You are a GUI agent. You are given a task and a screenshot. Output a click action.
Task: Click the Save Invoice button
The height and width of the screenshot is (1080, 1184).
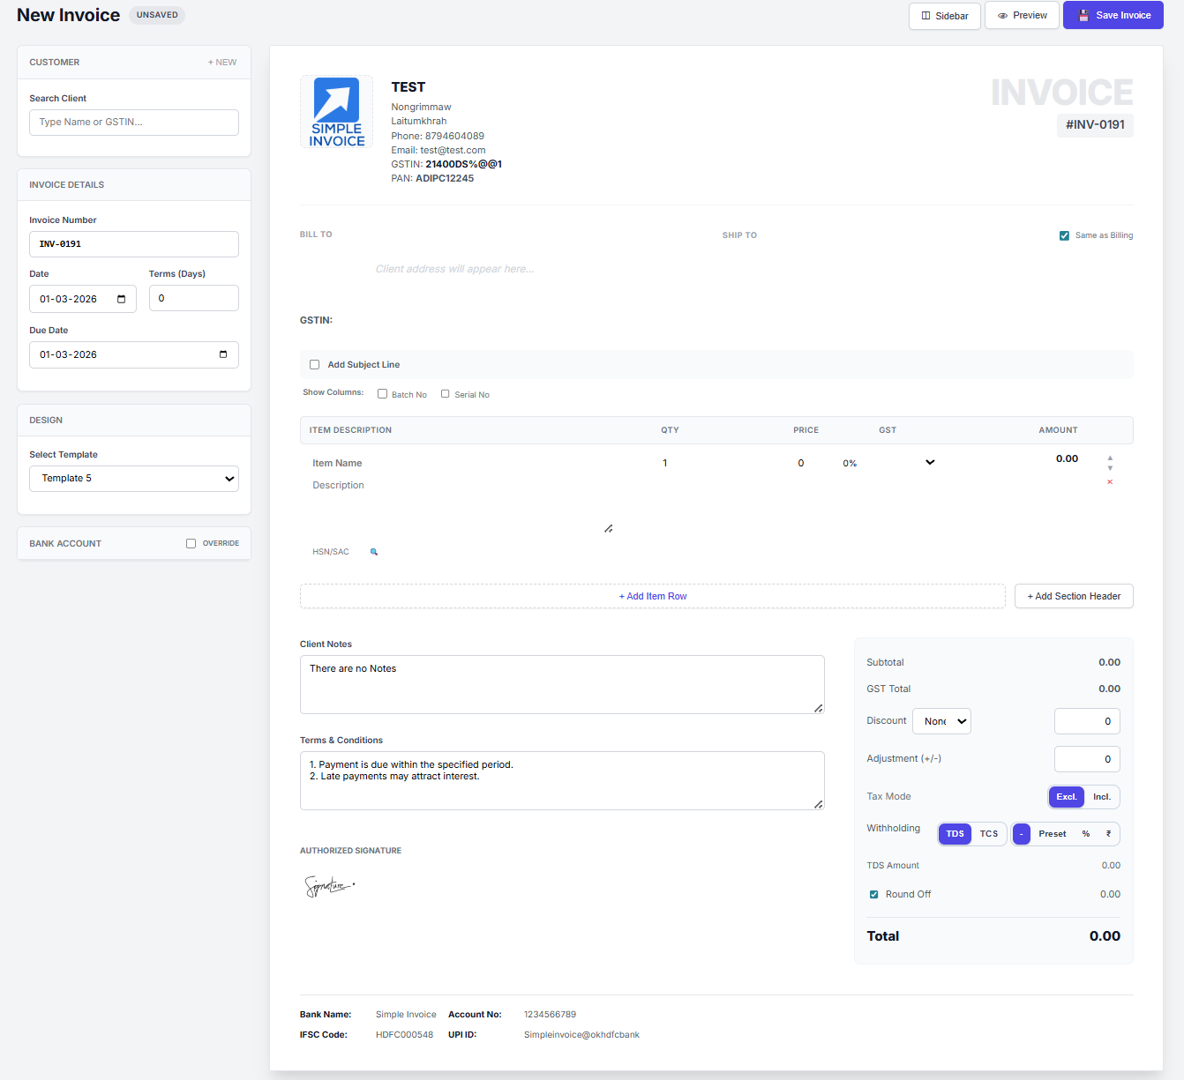point(1113,16)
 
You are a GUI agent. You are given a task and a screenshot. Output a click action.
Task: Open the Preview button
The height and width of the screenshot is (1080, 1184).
point(1022,16)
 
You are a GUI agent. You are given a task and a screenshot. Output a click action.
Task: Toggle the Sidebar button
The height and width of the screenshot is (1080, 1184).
point(944,16)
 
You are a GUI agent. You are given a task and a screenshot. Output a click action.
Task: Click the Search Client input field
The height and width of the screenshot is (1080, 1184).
point(134,123)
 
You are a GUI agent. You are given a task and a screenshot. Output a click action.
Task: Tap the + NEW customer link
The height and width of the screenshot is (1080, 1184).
point(222,63)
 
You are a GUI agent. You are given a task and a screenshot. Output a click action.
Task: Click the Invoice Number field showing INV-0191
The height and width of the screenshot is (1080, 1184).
point(134,244)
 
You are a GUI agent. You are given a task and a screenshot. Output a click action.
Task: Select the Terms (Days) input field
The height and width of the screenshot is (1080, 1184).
point(193,299)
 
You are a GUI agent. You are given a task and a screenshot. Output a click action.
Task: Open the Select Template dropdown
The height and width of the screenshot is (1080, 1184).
point(134,479)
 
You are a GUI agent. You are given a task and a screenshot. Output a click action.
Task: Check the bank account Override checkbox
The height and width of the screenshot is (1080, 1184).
point(191,544)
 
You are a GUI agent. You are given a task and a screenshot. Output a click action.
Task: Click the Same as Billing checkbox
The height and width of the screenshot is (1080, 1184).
point(1064,235)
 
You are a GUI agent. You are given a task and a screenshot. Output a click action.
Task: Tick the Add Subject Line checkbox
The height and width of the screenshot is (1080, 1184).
point(314,365)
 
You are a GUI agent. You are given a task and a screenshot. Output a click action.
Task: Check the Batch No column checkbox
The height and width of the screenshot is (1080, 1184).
point(383,394)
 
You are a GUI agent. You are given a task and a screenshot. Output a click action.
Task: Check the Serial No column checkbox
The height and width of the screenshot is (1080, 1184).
point(446,394)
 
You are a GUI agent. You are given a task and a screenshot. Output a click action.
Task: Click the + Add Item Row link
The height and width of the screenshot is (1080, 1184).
point(652,597)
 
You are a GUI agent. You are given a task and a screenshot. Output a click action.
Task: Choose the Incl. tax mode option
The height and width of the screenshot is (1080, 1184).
point(1101,797)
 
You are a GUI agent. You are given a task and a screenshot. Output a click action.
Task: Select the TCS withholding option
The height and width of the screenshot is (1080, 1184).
point(988,834)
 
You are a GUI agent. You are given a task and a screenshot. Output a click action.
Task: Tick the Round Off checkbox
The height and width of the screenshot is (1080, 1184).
point(874,895)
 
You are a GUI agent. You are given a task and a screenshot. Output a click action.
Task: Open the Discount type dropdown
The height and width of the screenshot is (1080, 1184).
point(941,721)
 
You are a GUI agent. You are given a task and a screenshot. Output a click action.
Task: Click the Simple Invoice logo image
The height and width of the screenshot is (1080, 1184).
point(336,112)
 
